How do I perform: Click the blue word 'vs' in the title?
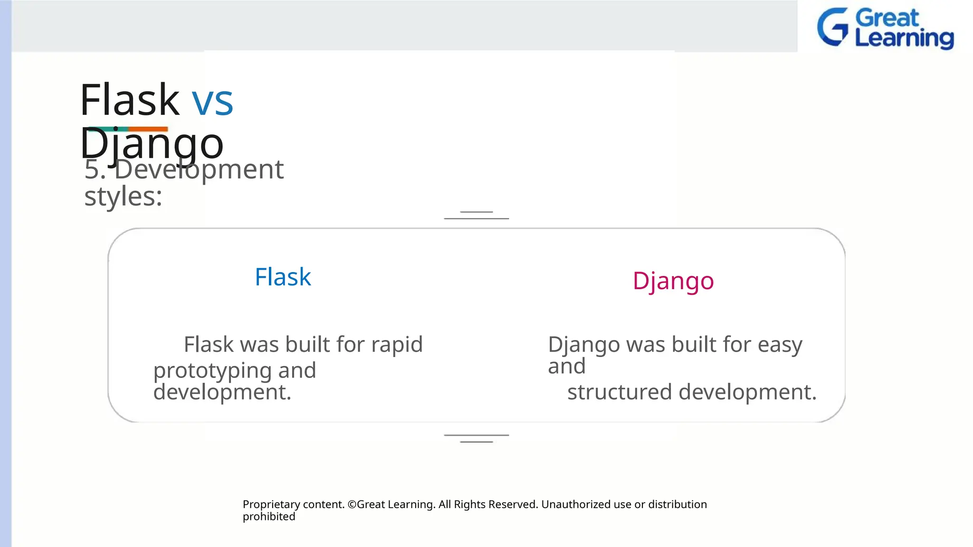pyautogui.click(x=212, y=101)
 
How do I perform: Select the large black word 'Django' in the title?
pyautogui.click(x=152, y=144)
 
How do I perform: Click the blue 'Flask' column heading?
pyautogui.click(x=283, y=277)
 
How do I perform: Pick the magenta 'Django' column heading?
pyautogui.click(x=673, y=281)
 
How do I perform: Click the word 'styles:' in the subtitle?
pyautogui.click(x=123, y=196)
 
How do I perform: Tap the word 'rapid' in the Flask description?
pyautogui.click(x=397, y=344)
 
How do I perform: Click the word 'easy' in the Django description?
pyautogui.click(x=780, y=345)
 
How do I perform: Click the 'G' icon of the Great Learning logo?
pyautogui.click(x=832, y=27)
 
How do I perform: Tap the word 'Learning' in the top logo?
pyautogui.click(x=904, y=38)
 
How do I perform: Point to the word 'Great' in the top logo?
pyautogui.click(x=887, y=18)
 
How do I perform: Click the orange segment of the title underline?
pyautogui.click(x=148, y=129)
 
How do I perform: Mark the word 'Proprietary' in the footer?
pyautogui.click(x=269, y=504)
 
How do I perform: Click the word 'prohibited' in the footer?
pyautogui.click(x=269, y=517)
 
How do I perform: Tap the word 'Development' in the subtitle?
pyautogui.click(x=199, y=170)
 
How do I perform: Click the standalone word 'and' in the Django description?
pyautogui.click(x=566, y=366)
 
